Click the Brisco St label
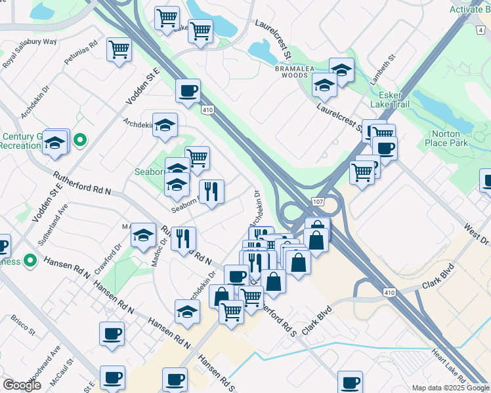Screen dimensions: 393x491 [x=23, y=326]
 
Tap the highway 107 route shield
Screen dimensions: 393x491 [x=318, y=202]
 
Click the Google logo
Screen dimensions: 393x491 [x=22, y=385]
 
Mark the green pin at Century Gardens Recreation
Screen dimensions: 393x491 [x=80, y=140]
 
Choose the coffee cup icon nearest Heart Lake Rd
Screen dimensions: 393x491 [x=350, y=381]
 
